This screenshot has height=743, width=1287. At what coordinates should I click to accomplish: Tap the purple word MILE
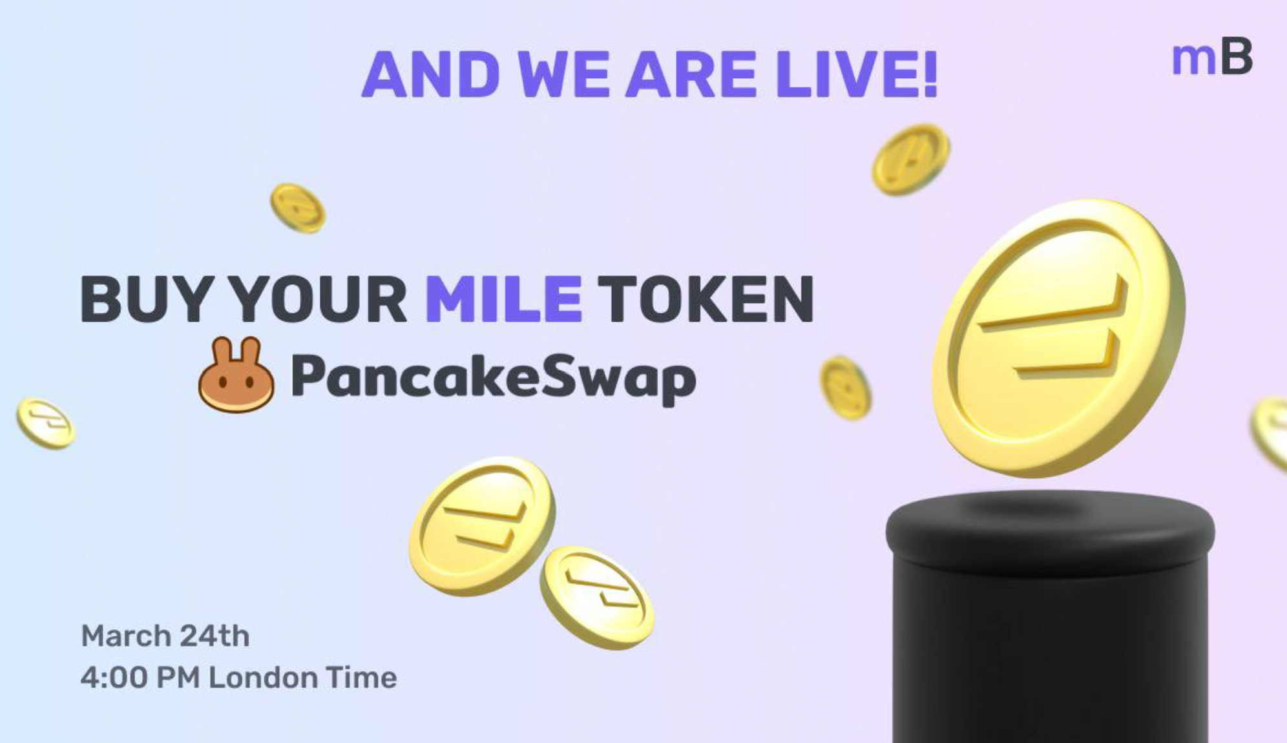click(x=504, y=298)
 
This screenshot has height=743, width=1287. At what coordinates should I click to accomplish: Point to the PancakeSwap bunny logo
click(x=236, y=375)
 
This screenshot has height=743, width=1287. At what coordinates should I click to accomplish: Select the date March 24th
click(x=165, y=636)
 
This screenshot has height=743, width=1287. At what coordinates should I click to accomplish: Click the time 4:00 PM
click(x=140, y=678)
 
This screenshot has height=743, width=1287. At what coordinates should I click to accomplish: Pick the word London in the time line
click(x=262, y=678)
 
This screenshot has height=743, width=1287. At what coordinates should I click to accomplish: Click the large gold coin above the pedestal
click(x=1058, y=338)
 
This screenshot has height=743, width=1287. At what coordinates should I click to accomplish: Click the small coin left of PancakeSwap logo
click(x=46, y=423)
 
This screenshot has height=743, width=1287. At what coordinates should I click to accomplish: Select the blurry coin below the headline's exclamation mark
click(x=911, y=160)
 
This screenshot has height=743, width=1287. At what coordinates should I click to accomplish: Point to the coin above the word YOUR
click(x=298, y=208)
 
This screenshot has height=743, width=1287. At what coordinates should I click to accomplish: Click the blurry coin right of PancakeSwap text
click(x=846, y=388)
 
